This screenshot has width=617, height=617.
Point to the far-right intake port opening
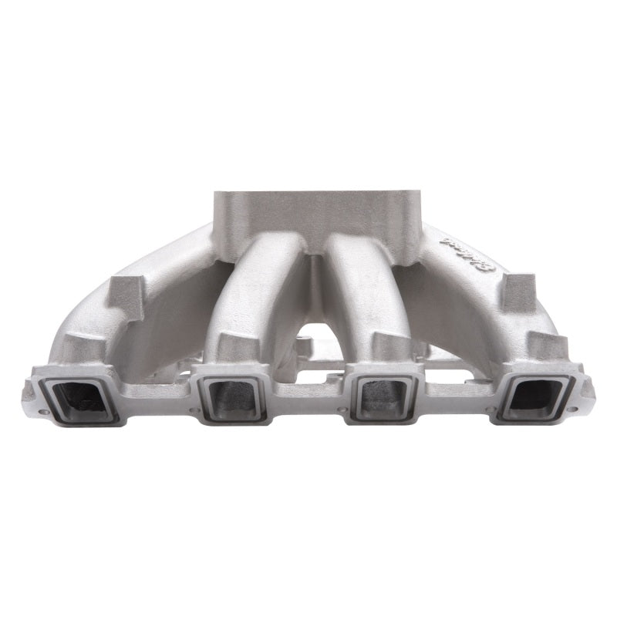tap(535, 396)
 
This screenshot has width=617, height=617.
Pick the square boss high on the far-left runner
tap(124, 291)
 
